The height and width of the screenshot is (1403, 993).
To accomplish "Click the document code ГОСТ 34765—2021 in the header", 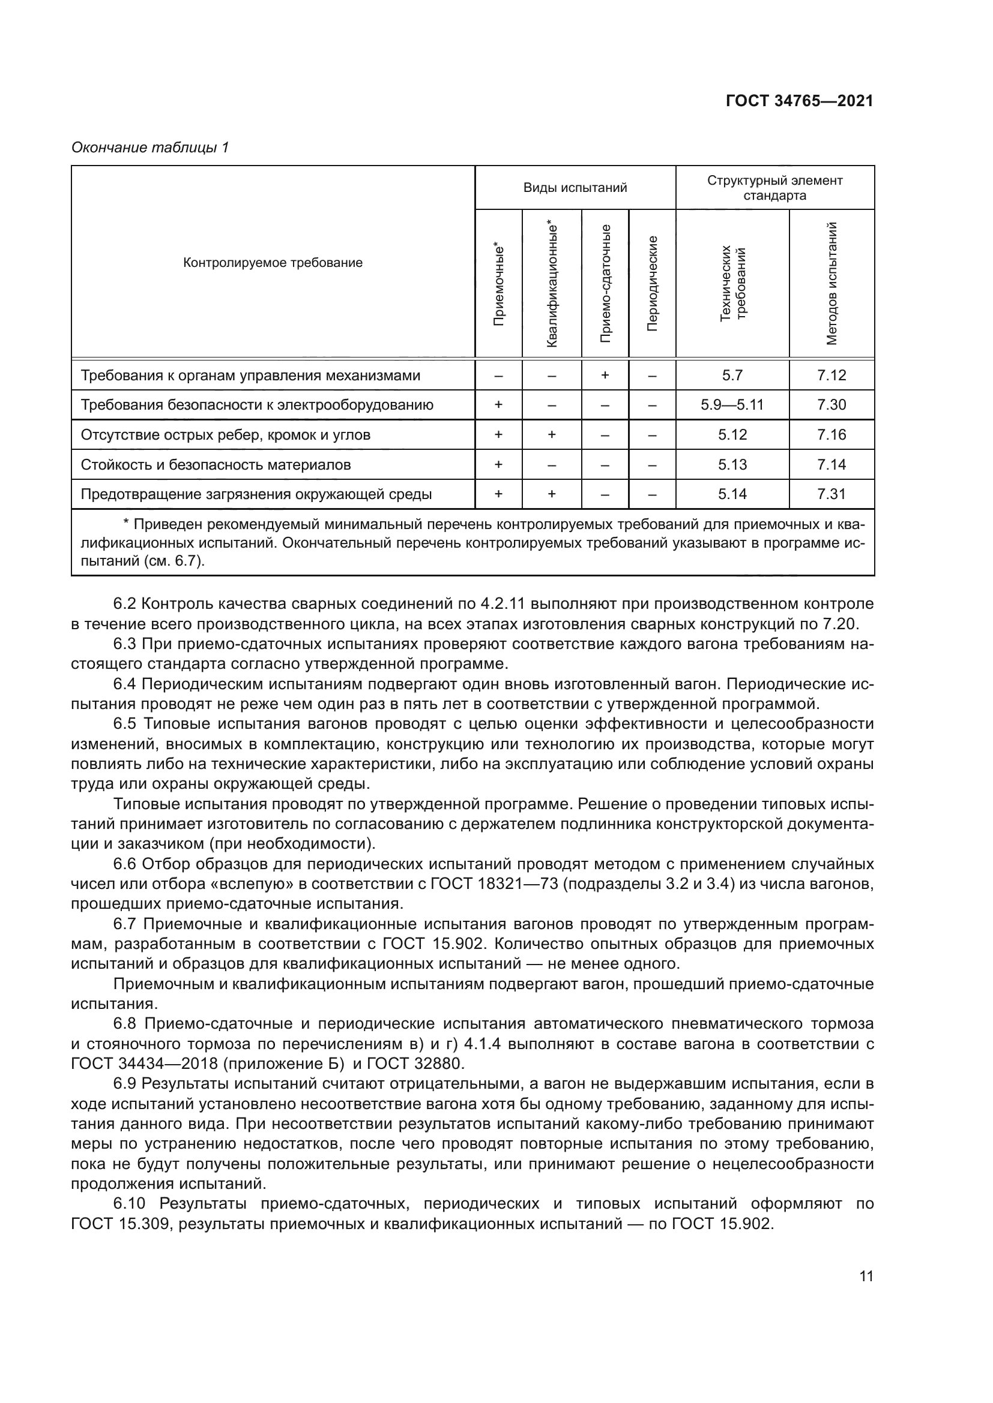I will [x=799, y=101].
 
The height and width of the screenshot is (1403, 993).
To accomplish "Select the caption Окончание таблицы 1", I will [x=150, y=148].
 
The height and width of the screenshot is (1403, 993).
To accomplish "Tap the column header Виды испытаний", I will [x=575, y=188].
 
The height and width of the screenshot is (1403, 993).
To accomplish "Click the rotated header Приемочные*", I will [x=499, y=284].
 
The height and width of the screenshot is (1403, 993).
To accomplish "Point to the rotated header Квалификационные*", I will [x=552, y=284].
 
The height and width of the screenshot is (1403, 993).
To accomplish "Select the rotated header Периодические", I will [x=653, y=284].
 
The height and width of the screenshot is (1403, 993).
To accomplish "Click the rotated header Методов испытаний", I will [x=831, y=284].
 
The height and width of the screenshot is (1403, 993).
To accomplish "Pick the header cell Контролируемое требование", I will [x=273, y=263].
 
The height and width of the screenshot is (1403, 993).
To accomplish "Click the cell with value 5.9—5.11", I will [x=732, y=404].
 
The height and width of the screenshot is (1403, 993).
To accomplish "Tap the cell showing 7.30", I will [x=831, y=404].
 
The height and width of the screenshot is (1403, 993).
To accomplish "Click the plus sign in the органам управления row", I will [x=605, y=374].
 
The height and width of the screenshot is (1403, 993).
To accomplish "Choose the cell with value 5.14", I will [x=732, y=494].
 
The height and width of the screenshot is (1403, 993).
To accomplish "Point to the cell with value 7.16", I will [x=831, y=434].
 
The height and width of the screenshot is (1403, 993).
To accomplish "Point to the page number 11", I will [x=866, y=1323].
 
